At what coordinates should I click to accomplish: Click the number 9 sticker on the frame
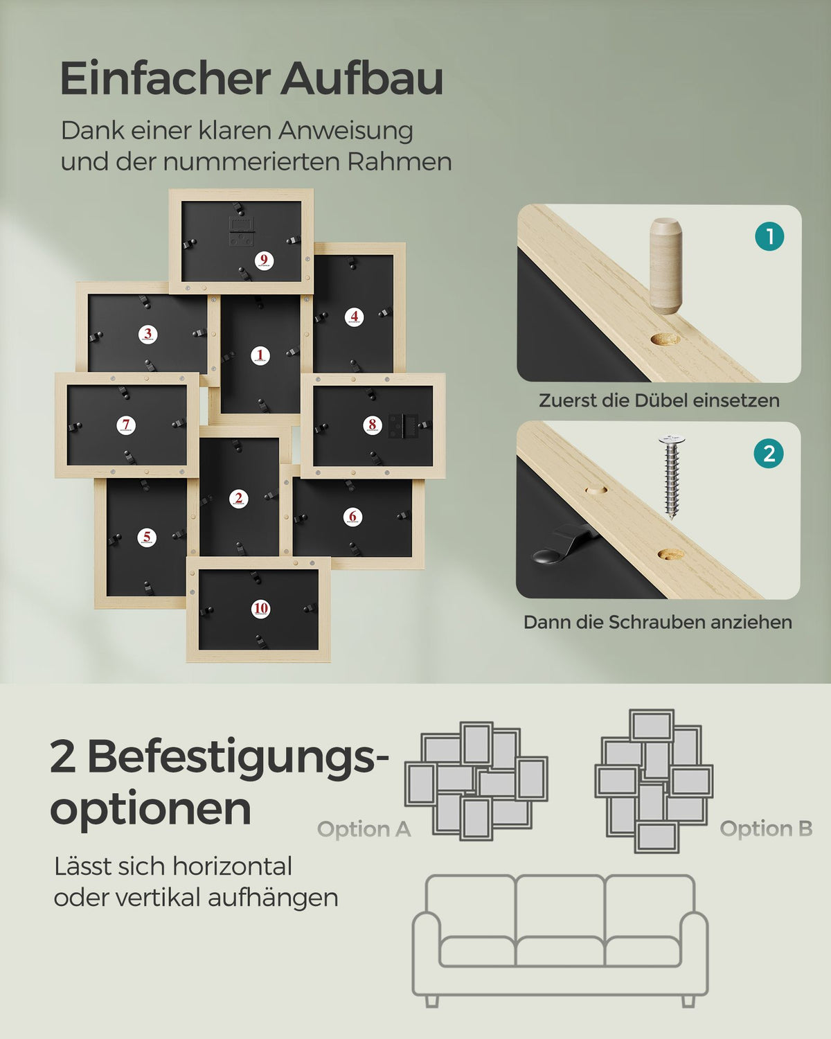[264, 260]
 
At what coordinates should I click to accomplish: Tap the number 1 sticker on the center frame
[260, 355]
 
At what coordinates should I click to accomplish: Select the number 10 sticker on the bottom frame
[261, 609]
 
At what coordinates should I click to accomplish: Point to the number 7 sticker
[126, 425]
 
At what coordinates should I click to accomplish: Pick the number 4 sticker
[355, 317]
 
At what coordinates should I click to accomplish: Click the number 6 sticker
[352, 517]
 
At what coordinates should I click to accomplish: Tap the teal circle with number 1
[769, 236]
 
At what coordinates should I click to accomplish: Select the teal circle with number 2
[769, 454]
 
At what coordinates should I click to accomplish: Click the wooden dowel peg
[666, 266]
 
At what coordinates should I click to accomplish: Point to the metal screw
[672, 476]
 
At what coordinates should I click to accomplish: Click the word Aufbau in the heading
[361, 79]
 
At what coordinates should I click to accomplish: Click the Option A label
[364, 829]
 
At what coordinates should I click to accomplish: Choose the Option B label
[767, 829]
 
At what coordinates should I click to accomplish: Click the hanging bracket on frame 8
[404, 426]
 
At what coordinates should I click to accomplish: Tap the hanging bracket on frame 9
[241, 231]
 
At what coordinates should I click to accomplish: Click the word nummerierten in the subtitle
[253, 162]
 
